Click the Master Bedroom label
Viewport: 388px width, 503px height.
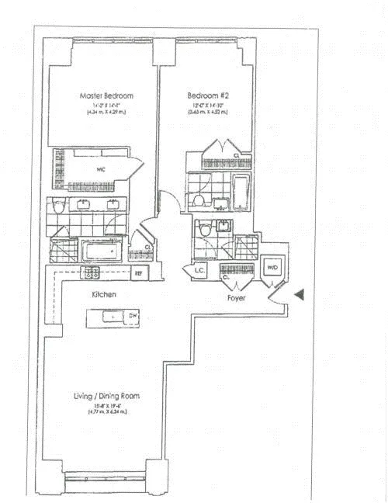tap(107, 96)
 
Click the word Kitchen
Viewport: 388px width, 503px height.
tap(104, 296)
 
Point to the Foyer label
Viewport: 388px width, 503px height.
tap(237, 297)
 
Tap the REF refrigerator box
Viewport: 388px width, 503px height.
tap(139, 273)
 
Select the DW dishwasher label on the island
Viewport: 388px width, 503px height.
tap(133, 317)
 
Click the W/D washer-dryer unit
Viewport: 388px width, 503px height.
tap(272, 268)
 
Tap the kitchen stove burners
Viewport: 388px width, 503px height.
tap(92, 272)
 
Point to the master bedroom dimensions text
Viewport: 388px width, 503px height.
tap(107, 109)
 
